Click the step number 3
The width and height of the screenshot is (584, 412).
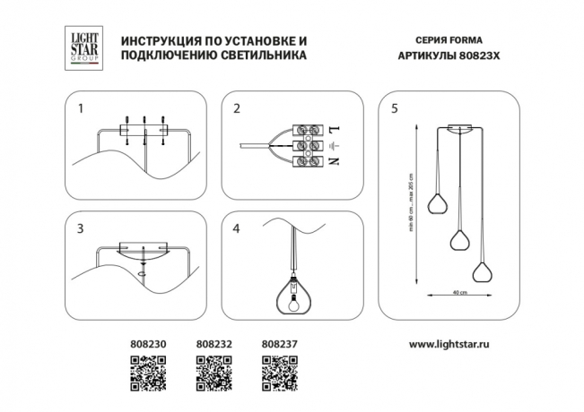tap(81, 228)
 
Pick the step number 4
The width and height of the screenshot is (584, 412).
tap(237, 228)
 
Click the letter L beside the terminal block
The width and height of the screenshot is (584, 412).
tap(335, 130)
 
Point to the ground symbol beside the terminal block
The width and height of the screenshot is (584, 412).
tap(335, 145)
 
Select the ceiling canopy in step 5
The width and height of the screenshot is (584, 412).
tap(458, 127)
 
